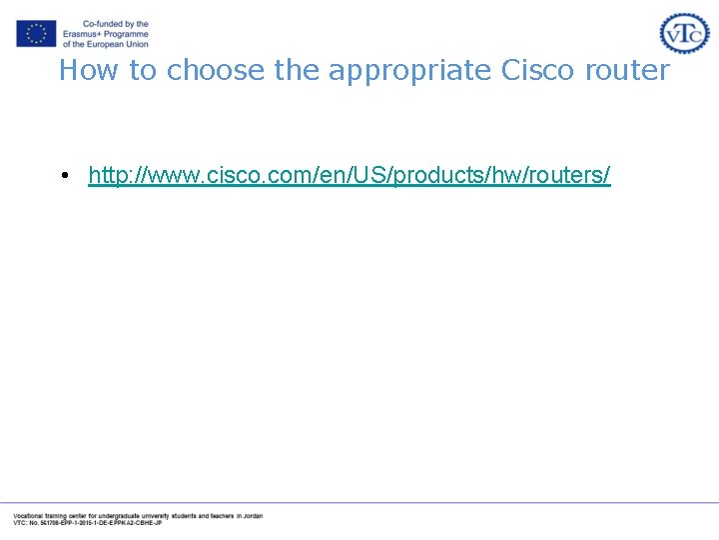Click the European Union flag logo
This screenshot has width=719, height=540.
(36, 33)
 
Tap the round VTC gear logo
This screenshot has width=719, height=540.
(684, 33)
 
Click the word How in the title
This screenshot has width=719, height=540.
(82, 70)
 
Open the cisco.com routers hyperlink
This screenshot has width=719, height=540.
(349, 176)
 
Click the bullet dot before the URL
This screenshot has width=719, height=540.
(63, 177)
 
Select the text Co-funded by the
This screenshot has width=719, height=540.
(115, 24)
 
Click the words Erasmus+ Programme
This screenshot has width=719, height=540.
(105, 34)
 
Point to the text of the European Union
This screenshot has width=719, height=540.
(105, 44)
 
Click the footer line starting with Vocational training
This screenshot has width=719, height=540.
(137, 516)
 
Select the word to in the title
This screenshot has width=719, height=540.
(144, 70)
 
